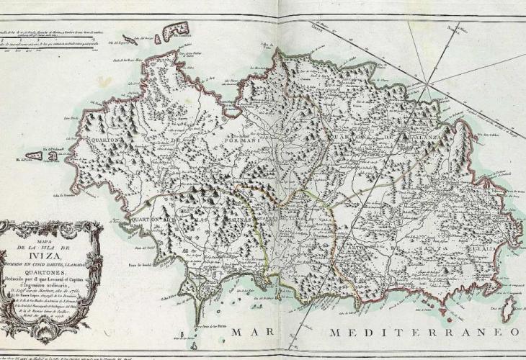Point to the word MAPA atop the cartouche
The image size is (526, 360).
[x=48, y=231]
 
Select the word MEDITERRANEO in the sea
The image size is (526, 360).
[x=425, y=333]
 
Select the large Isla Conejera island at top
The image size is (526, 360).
[x=177, y=30]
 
